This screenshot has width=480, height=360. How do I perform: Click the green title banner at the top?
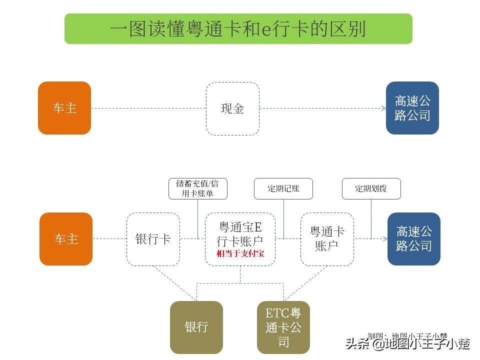click(x=238, y=28)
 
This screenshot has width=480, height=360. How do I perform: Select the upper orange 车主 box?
click(x=64, y=108)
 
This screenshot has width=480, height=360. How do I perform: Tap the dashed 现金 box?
click(x=232, y=108)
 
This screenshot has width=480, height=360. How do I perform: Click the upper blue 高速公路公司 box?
click(x=412, y=108)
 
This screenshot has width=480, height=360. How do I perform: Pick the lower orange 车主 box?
click(x=66, y=238)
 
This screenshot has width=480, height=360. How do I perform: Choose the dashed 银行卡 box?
click(x=153, y=238)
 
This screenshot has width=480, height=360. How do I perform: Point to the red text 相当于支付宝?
click(x=240, y=253)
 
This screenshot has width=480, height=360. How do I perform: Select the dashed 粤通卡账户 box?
click(x=327, y=238)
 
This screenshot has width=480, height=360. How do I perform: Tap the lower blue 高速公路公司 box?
click(x=413, y=238)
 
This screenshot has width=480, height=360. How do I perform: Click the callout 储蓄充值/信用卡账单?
click(x=197, y=188)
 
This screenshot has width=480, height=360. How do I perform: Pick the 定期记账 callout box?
click(x=283, y=188)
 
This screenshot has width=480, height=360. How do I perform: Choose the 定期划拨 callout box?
click(x=371, y=188)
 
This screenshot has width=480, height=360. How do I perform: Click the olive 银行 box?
click(x=196, y=327)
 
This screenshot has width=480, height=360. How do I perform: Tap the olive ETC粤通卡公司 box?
click(x=283, y=327)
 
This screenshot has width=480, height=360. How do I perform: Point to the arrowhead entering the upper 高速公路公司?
click(x=383, y=108)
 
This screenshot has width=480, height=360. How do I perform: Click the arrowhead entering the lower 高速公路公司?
click(x=384, y=238)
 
